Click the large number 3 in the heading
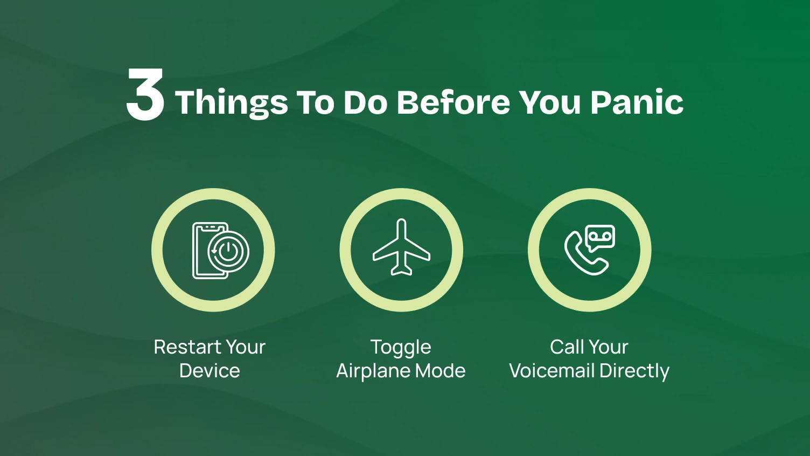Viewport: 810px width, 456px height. coord(145,95)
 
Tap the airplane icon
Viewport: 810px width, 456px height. coord(401,248)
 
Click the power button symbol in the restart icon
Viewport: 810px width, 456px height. coord(228,251)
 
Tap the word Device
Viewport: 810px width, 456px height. coord(210,371)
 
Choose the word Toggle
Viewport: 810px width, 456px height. coord(401,348)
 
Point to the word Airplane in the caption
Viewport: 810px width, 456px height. coord(371,371)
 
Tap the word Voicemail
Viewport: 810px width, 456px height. coord(551,371)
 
